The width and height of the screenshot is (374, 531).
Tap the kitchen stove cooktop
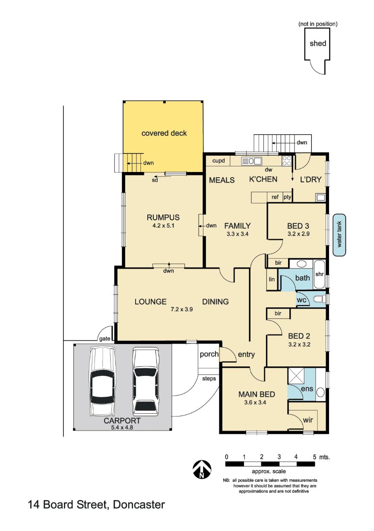point(287,161)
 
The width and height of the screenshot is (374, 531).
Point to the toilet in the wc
point(319,300)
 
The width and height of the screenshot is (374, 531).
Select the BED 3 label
point(298,226)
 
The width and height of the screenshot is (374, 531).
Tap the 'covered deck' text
point(164,133)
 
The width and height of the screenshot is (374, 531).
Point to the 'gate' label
point(105,339)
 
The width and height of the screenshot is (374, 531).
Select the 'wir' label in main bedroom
point(307,420)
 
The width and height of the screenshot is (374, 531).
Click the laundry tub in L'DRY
point(320,197)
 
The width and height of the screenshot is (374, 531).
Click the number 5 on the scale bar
point(314,456)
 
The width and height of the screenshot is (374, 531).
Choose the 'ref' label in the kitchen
point(275,197)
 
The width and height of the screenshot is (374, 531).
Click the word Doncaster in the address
point(139,504)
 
